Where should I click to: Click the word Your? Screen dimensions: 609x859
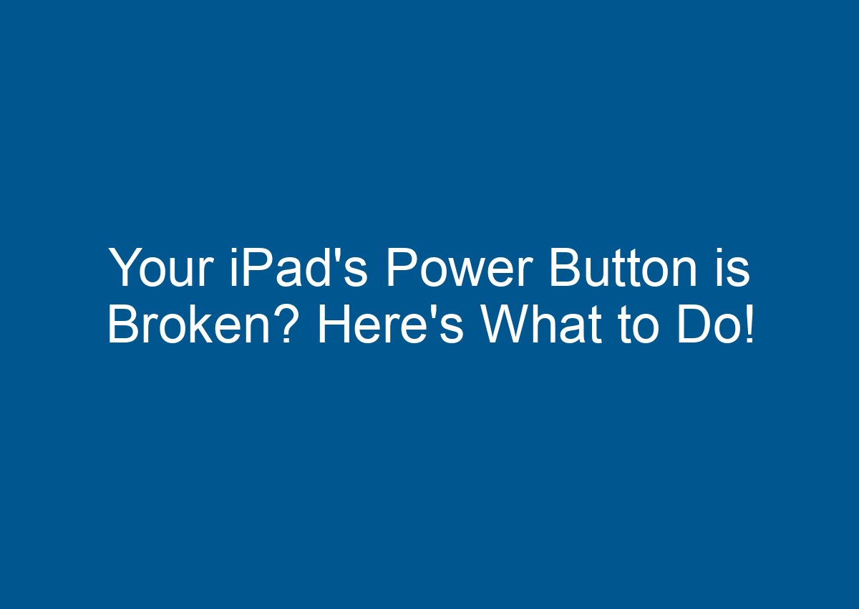click(x=161, y=268)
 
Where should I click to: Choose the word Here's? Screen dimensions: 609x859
click(x=391, y=327)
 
